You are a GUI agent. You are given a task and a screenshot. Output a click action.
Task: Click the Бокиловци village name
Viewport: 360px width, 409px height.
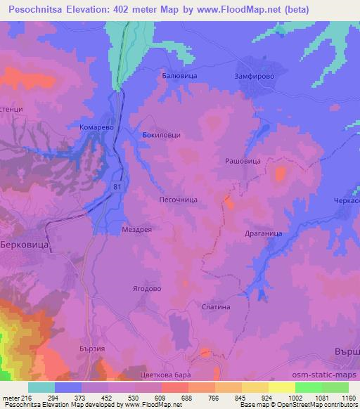[162, 134]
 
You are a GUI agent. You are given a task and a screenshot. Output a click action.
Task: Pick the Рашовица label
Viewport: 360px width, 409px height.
[243, 161]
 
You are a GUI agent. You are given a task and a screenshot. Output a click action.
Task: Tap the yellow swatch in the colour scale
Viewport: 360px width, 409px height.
[281, 387]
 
